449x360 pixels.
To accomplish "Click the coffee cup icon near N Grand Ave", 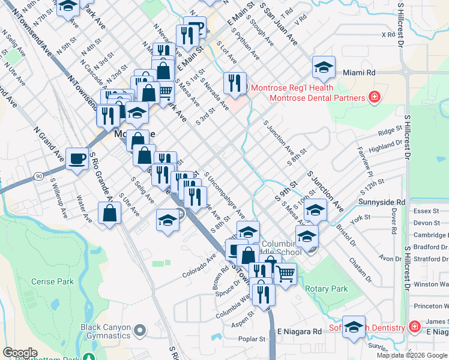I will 77,159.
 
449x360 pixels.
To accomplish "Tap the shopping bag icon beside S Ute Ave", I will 109,214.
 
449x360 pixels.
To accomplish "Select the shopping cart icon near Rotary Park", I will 286,274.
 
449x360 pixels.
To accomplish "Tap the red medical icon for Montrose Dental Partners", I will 375,97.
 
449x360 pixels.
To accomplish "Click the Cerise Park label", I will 54,281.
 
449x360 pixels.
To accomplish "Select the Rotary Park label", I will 326,289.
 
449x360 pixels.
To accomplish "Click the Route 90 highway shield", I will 38,176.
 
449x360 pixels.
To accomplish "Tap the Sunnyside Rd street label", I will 382,202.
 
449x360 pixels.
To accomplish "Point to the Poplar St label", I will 253,339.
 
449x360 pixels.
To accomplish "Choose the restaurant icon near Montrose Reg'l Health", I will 235,83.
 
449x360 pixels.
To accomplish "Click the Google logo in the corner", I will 20,353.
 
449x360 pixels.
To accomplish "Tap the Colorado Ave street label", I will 203,267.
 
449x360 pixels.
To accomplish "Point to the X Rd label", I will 388,35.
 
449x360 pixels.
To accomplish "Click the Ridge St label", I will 390,131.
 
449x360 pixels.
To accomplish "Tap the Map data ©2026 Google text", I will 411,355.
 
